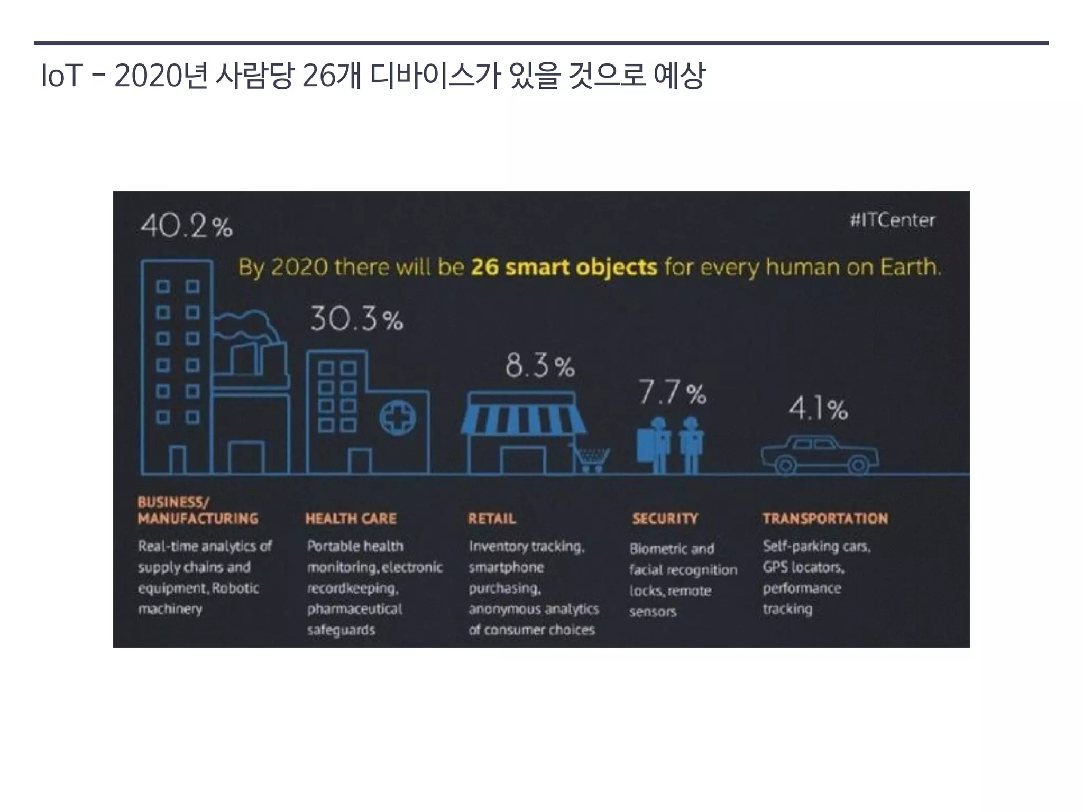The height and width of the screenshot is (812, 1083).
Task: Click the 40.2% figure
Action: point(186,226)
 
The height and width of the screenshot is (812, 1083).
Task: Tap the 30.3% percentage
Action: point(356,319)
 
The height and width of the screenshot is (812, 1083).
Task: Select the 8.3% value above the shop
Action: point(539,366)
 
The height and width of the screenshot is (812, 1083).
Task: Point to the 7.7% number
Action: point(672,393)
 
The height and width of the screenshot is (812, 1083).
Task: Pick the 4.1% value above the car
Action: point(818,409)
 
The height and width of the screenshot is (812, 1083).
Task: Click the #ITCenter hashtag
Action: point(892,220)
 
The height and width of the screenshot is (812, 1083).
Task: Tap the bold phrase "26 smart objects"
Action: point(564,267)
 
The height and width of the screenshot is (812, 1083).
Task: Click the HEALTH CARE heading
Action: point(351,519)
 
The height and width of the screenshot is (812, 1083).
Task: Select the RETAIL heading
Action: point(492,519)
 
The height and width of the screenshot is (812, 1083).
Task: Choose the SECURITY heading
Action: point(665,519)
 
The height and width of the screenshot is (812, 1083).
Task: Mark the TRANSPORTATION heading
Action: point(825,519)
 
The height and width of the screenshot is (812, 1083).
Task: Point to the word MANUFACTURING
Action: point(198,519)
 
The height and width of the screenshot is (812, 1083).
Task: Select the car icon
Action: point(819,455)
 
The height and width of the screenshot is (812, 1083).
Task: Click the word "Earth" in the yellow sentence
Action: point(910,267)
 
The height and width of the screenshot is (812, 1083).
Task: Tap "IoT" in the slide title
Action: point(61,76)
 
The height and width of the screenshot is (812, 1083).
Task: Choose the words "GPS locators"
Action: point(803,567)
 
